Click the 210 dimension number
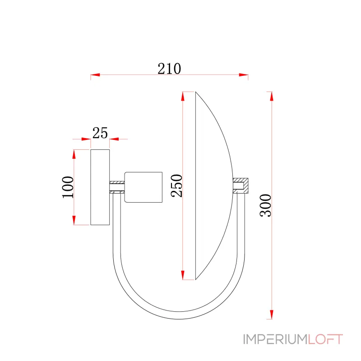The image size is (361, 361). click(x=169, y=69)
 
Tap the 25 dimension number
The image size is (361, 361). click(x=100, y=133)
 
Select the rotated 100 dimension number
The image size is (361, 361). click(x=68, y=187)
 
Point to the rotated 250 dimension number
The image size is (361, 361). click(x=176, y=185)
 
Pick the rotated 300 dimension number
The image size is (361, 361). click(x=266, y=205)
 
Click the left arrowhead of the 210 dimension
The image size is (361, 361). click(x=95, y=75)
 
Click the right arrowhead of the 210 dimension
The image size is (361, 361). click(x=244, y=75)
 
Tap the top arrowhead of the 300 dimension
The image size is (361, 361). click(x=272, y=96)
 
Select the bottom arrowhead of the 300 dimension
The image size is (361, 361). click(x=272, y=315)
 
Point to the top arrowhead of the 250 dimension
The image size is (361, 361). click(x=183, y=96)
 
